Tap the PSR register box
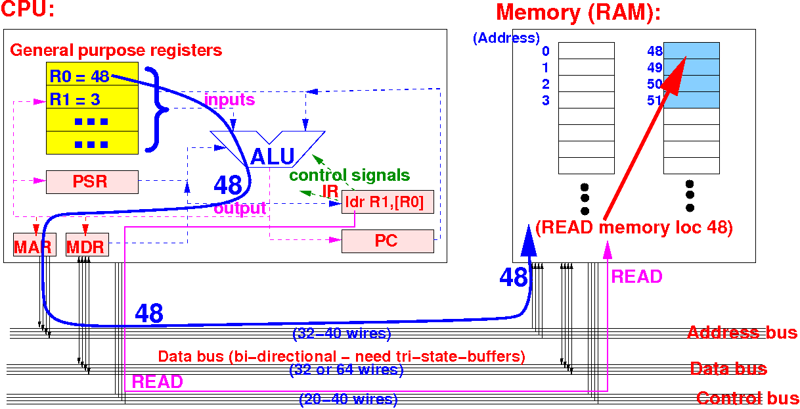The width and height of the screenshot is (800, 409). (92, 181)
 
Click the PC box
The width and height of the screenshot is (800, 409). (388, 241)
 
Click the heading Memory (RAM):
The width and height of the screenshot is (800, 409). (578, 12)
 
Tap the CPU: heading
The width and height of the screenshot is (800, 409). (28, 10)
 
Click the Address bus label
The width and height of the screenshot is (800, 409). (742, 332)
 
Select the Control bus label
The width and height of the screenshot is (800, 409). (747, 398)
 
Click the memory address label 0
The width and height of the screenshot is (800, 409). (545, 51)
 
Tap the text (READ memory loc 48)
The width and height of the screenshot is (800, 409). (634, 228)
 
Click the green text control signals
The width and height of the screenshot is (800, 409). (349, 176)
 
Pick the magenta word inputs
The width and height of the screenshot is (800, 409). (229, 100)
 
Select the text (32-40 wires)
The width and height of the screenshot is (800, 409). (342, 333)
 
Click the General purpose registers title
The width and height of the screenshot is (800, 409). (116, 50)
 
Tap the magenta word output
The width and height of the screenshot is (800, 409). (240, 208)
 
